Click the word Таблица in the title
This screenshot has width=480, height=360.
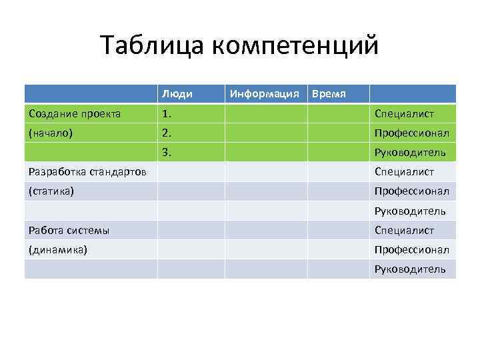[x=152, y=45]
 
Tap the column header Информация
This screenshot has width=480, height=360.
[x=264, y=94]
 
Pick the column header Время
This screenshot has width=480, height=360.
[x=329, y=94]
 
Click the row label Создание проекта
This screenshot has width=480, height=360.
[x=75, y=113]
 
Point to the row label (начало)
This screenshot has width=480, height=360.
[x=51, y=133]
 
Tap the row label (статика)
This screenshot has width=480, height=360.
[x=51, y=191]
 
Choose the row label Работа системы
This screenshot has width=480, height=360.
[x=69, y=231]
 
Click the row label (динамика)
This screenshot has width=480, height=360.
[x=57, y=250]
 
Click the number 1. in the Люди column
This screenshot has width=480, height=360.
[x=167, y=113]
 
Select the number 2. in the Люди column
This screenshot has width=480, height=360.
[x=167, y=133]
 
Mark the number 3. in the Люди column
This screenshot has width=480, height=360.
[x=167, y=152]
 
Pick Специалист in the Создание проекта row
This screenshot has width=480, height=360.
[x=405, y=113]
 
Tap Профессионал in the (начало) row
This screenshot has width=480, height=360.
[x=411, y=133]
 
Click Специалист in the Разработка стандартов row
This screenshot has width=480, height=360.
[x=405, y=172]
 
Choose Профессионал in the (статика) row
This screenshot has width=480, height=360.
[x=411, y=191]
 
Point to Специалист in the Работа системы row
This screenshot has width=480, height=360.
[x=405, y=231]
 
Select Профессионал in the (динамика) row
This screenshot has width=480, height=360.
[x=411, y=250]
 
